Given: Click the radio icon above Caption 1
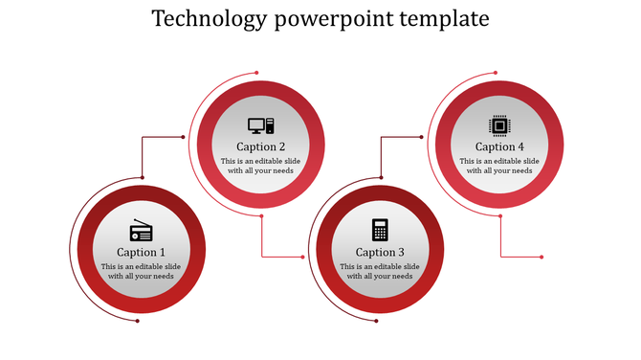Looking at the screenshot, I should [141, 231].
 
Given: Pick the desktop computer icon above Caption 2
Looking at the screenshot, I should [260, 125].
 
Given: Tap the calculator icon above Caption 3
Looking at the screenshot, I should [380, 230].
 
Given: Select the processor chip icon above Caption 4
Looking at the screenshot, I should [499, 124].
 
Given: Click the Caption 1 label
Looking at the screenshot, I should [142, 253].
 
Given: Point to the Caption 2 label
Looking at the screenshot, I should [260, 147].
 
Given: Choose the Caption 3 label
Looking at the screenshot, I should [380, 253].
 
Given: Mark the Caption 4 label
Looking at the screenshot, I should [499, 147].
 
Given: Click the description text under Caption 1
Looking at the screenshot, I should [141, 271].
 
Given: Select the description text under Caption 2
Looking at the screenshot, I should [260, 166].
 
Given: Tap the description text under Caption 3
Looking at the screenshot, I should [380, 271].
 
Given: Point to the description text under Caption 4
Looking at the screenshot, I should [499, 166].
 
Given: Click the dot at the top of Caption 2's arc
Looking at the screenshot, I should [256, 73].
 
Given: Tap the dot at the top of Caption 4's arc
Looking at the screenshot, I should [495, 73].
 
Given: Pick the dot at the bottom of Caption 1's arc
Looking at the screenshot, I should [138, 320].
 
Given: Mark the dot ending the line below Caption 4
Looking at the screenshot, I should [542, 257].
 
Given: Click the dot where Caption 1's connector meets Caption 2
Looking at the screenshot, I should [183, 137].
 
